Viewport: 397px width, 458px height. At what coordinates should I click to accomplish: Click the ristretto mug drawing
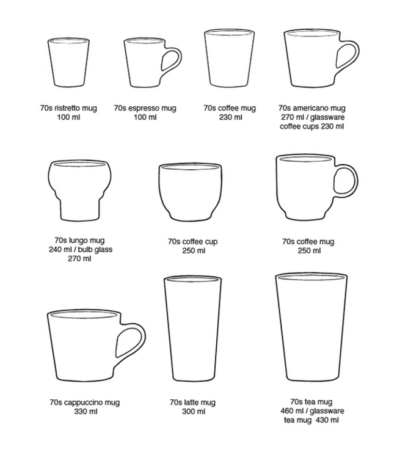tap(68, 62)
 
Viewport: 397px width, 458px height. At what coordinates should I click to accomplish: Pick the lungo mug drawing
tap(79, 190)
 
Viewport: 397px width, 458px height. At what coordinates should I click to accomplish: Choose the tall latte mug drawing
tap(193, 329)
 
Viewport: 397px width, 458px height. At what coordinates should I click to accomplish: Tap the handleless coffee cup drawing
tap(191, 192)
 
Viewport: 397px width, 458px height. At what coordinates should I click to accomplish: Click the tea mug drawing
tap(311, 327)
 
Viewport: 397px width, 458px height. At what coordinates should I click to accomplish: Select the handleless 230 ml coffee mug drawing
tap(229, 59)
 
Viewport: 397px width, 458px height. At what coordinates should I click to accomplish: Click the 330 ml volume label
tap(86, 412)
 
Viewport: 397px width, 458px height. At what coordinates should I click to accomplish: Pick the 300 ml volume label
tap(194, 412)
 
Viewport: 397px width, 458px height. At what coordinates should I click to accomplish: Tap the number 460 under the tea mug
tap(287, 411)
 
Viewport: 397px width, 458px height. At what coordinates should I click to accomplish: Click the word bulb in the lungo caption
tap(84, 249)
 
